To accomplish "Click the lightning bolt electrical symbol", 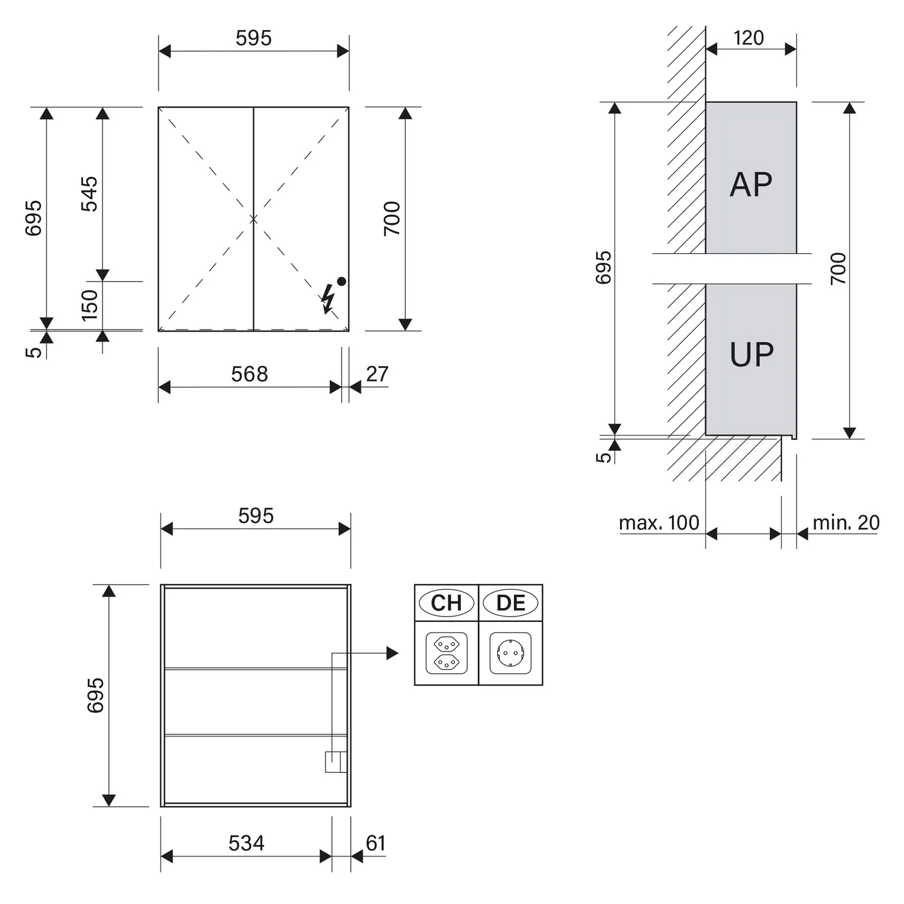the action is click(328, 299).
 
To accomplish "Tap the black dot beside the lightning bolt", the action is click(342, 281).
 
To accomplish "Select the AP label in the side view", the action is click(751, 184).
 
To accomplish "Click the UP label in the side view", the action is click(752, 354).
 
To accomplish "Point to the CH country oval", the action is click(447, 603).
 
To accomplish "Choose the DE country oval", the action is click(510, 603).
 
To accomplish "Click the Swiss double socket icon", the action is click(447, 653).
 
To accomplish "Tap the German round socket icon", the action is click(510, 653).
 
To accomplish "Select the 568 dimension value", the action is click(250, 374).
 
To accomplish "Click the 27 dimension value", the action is click(377, 374).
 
